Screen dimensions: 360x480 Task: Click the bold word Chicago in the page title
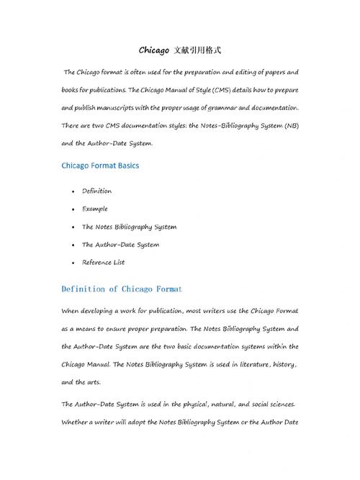click(x=153, y=50)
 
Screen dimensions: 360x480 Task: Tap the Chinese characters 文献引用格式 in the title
click(x=197, y=50)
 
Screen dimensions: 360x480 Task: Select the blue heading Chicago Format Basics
click(x=100, y=165)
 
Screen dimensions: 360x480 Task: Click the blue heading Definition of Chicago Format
click(x=122, y=289)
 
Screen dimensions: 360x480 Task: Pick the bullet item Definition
click(x=96, y=191)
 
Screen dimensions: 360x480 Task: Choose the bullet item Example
click(x=95, y=209)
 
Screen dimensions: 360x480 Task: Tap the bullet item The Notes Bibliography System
click(x=129, y=227)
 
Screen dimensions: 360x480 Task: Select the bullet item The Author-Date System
click(x=120, y=245)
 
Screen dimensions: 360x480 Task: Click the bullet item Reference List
click(x=104, y=263)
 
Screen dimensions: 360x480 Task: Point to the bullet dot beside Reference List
click(x=73, y=263)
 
